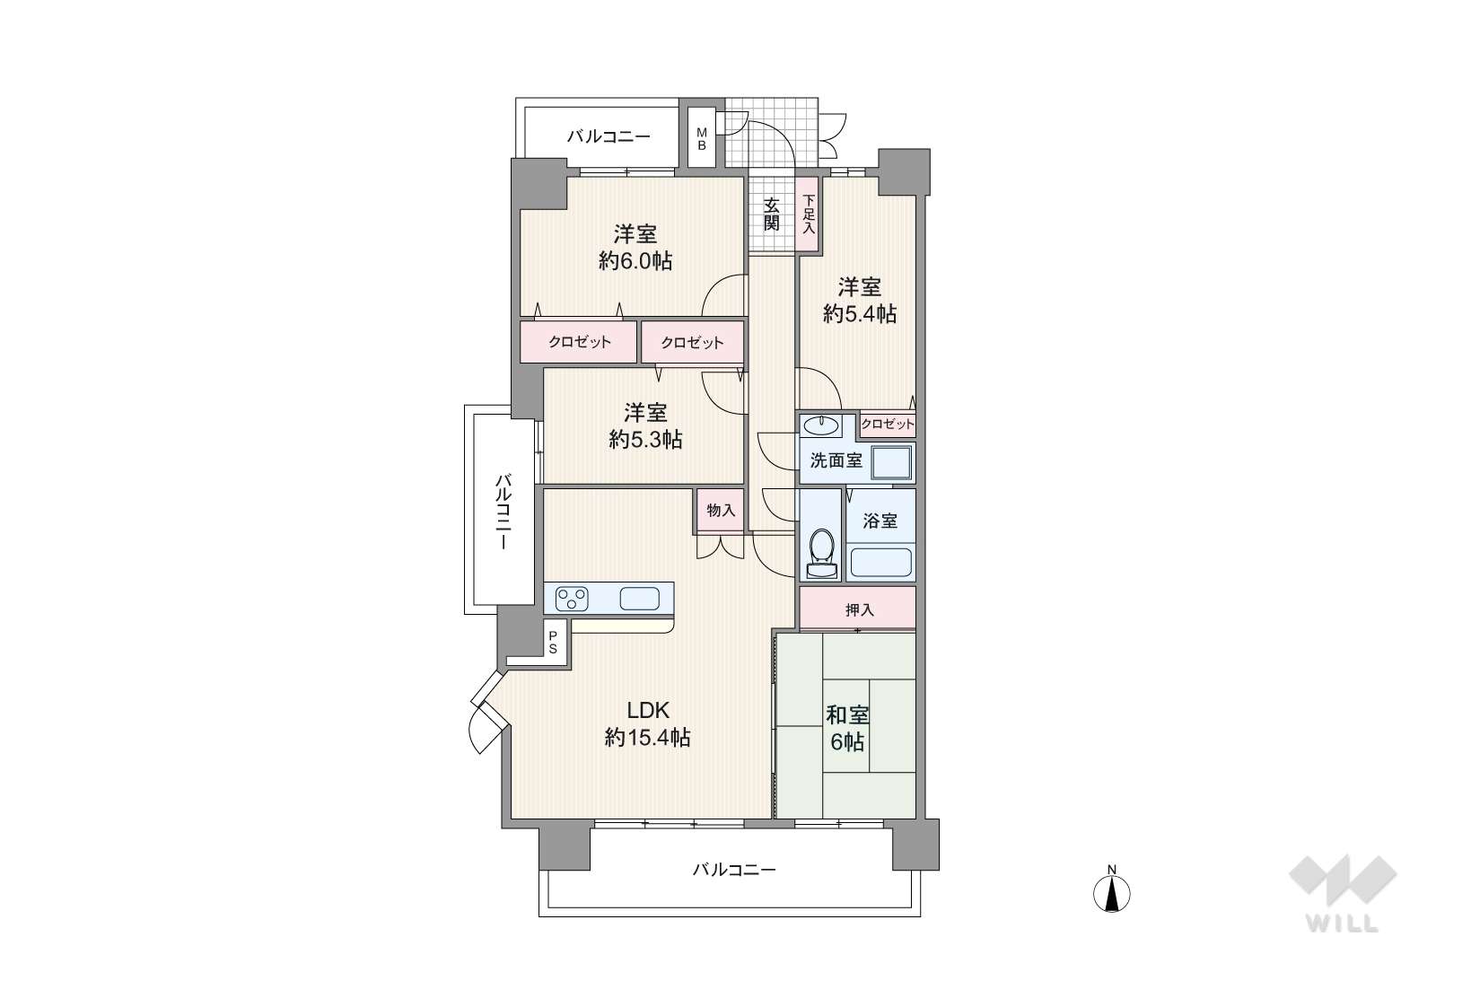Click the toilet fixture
[x=821, y=554]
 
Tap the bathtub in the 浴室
[x=880, y=563]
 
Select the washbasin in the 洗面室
[x=821, y=425]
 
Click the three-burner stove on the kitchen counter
[x=572, y=599]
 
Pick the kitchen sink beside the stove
[x=639, y=599]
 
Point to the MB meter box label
[x=701, y=139]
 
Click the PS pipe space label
[x=553, y=643]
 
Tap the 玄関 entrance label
[x=772, y=214]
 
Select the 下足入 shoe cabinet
[x=808, y=214]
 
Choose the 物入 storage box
[x=721, y=510]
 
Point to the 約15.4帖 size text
[x=647, y=738]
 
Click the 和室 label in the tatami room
[x=848, y=714]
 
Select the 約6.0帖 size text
[x=635, y=261]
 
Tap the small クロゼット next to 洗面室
[x=888, y=425]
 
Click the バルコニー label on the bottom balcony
[x=734, y=870]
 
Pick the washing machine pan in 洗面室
[x=892, y=461]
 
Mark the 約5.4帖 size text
[x=860, y=314]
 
